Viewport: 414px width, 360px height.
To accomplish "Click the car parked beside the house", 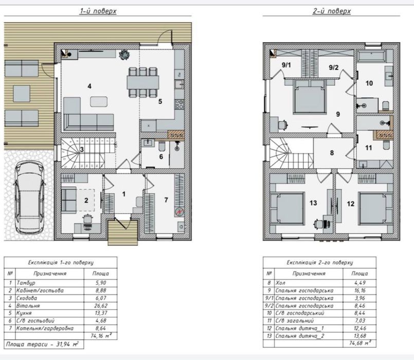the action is click(x=29, y=198).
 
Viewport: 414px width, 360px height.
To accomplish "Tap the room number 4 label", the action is click(x=89, y=86).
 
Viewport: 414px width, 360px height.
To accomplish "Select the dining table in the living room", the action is click(x=143, y=82).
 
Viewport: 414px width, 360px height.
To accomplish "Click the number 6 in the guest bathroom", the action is click(x=161, y=157).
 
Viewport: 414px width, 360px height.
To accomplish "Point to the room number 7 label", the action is click(x=166, y=200).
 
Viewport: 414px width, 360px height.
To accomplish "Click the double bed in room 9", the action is click(x=310, y=97).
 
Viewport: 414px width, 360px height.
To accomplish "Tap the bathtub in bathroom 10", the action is click(x=371, y=56).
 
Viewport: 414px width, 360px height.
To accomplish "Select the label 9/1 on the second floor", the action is click(x=286, y=65).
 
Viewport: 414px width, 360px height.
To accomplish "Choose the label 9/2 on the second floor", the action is click(x=333, y=67).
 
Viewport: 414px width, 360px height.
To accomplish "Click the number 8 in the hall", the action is click(x=332, y=153).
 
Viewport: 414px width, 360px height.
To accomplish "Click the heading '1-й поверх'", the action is click(x=98, y=11).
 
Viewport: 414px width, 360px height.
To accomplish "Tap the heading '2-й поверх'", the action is click(x=332, y=11).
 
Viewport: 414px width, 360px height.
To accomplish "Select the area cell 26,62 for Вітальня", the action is click(x=101, y=306).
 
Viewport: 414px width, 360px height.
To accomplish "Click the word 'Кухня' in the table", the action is click(x=24, y=313).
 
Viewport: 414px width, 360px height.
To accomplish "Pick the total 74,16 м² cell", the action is click(x=101, y=336).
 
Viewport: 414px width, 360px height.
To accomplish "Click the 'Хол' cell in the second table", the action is click(x=280, y=283).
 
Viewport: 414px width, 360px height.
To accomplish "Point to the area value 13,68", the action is click(x=360, y=336).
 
